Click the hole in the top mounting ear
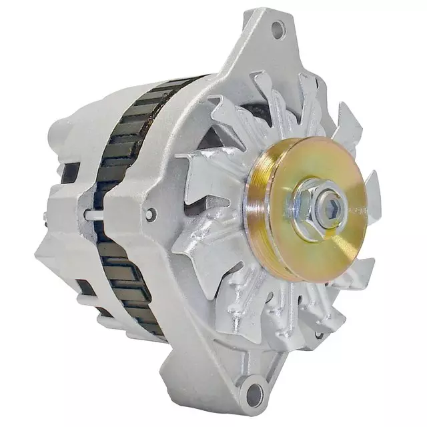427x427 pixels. click(278, 28)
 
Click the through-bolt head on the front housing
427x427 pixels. click(151, 214)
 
